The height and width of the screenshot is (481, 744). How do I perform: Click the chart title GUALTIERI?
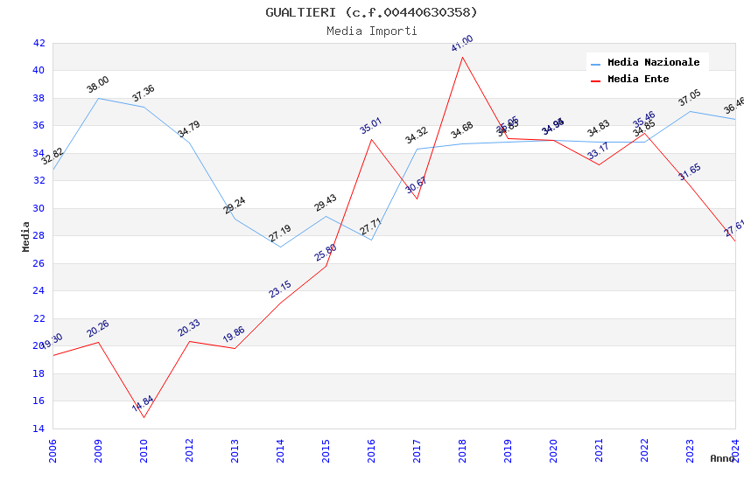click(371, 12)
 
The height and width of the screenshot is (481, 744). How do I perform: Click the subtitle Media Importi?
click(371, 31)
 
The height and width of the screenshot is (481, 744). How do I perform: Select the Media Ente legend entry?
click(638, 80)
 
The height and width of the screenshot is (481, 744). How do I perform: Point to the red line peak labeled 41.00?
click(462, 57)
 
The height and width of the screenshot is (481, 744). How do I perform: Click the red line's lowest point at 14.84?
click(144, 417)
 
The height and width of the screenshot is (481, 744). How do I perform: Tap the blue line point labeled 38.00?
click(98, 98)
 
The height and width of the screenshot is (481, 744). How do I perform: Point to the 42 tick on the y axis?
click(39, 43)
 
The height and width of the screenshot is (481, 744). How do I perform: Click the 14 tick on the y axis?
click(39, 429)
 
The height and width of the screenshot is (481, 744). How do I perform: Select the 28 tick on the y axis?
click(39, 236)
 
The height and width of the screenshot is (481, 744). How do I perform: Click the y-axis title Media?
click(26, 236)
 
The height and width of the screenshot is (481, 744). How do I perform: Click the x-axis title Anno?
click(722, 458)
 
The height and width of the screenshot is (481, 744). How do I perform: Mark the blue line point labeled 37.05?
click(690, 111)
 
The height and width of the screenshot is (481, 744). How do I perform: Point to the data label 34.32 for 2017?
click(417, 136)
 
